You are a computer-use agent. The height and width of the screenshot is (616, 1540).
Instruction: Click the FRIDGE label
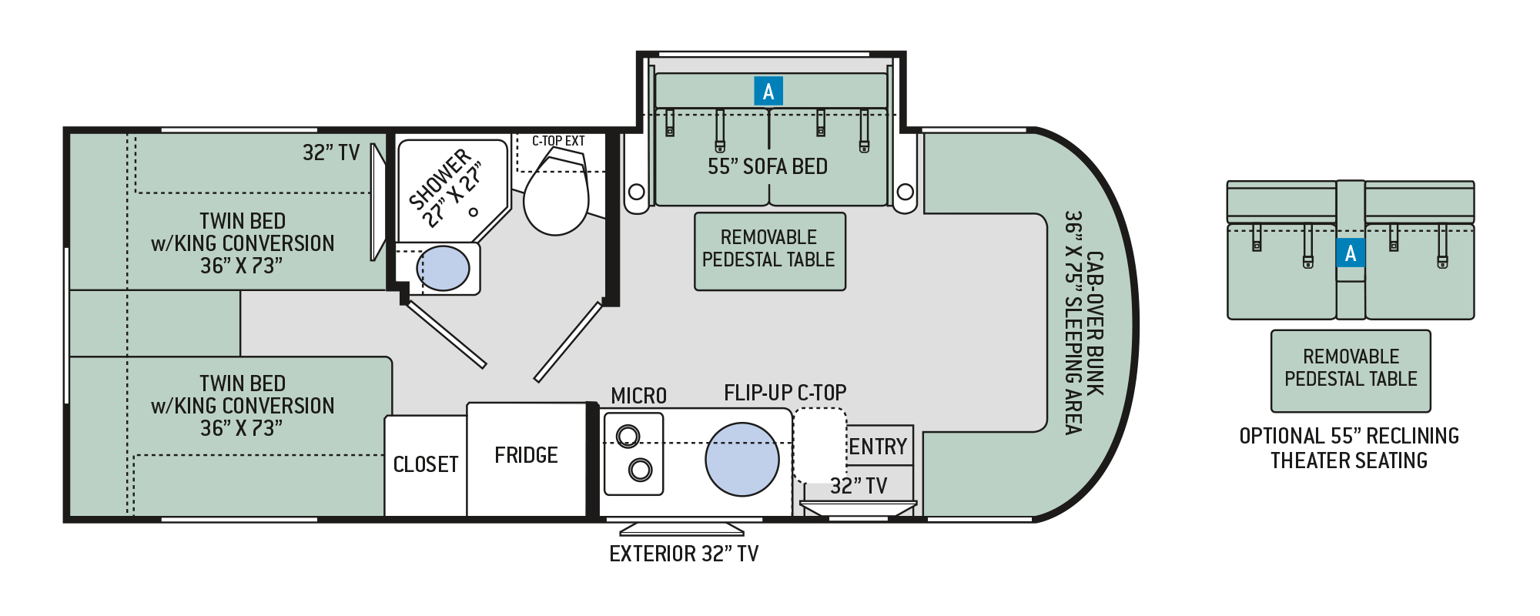[526, 455]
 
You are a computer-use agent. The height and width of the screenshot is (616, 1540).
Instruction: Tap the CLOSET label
[426, 464]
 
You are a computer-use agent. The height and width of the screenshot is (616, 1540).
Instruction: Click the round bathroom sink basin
[443, 269]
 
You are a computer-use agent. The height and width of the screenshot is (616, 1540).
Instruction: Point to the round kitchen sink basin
[742, 459]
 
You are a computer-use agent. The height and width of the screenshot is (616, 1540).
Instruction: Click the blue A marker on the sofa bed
[768, 92]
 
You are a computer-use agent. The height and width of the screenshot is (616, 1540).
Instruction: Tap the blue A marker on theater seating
[1351, 253]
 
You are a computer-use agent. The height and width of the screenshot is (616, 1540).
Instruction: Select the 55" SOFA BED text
[768, 166]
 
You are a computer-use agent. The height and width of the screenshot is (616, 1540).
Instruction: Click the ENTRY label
[878, 447]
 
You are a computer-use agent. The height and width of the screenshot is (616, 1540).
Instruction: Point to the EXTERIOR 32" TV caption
[684, 554]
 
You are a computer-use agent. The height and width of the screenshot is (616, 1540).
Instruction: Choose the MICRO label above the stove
[638, 396]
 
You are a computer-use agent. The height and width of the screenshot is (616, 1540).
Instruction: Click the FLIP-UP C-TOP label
[785, 393]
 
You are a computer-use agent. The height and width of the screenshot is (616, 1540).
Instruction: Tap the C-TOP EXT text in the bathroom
[558, 141]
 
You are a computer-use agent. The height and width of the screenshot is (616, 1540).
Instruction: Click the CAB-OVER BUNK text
[1094, 323]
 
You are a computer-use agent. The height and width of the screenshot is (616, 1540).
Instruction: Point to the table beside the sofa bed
[769, 251]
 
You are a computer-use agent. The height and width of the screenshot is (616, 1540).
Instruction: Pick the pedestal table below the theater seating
[1351, 370]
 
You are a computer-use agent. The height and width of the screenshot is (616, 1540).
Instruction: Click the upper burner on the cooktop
[628, 437]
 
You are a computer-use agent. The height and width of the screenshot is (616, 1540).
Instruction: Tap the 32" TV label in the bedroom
[330, 152]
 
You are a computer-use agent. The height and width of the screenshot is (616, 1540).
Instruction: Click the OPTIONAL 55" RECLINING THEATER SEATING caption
[1349, 448]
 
